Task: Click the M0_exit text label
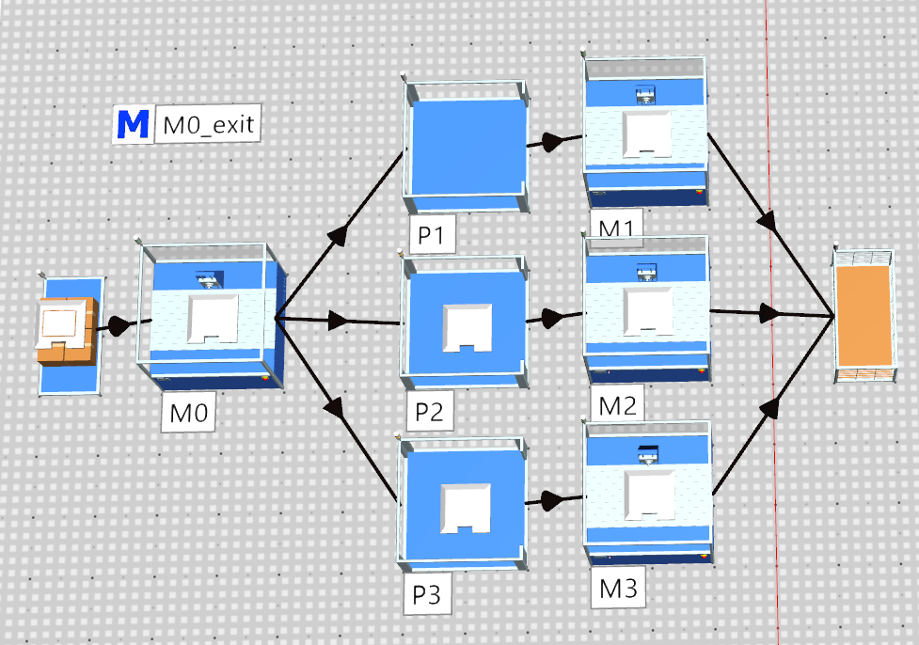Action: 208,124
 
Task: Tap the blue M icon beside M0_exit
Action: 133,123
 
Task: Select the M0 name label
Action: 189,413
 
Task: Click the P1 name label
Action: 431,235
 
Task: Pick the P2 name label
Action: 429,412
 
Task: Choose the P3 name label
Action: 427,594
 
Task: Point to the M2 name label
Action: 617,405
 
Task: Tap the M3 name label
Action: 618,588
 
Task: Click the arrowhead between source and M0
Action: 119,325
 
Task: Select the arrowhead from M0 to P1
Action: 338,235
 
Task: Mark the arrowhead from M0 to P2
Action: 339,321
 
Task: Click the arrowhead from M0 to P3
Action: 336,407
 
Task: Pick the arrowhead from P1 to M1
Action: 552,142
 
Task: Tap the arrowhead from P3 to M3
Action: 551,501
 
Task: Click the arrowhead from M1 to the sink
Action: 768,220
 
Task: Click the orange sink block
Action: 864,316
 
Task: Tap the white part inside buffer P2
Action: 467,327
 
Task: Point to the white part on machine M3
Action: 649,495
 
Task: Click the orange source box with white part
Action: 66,330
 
